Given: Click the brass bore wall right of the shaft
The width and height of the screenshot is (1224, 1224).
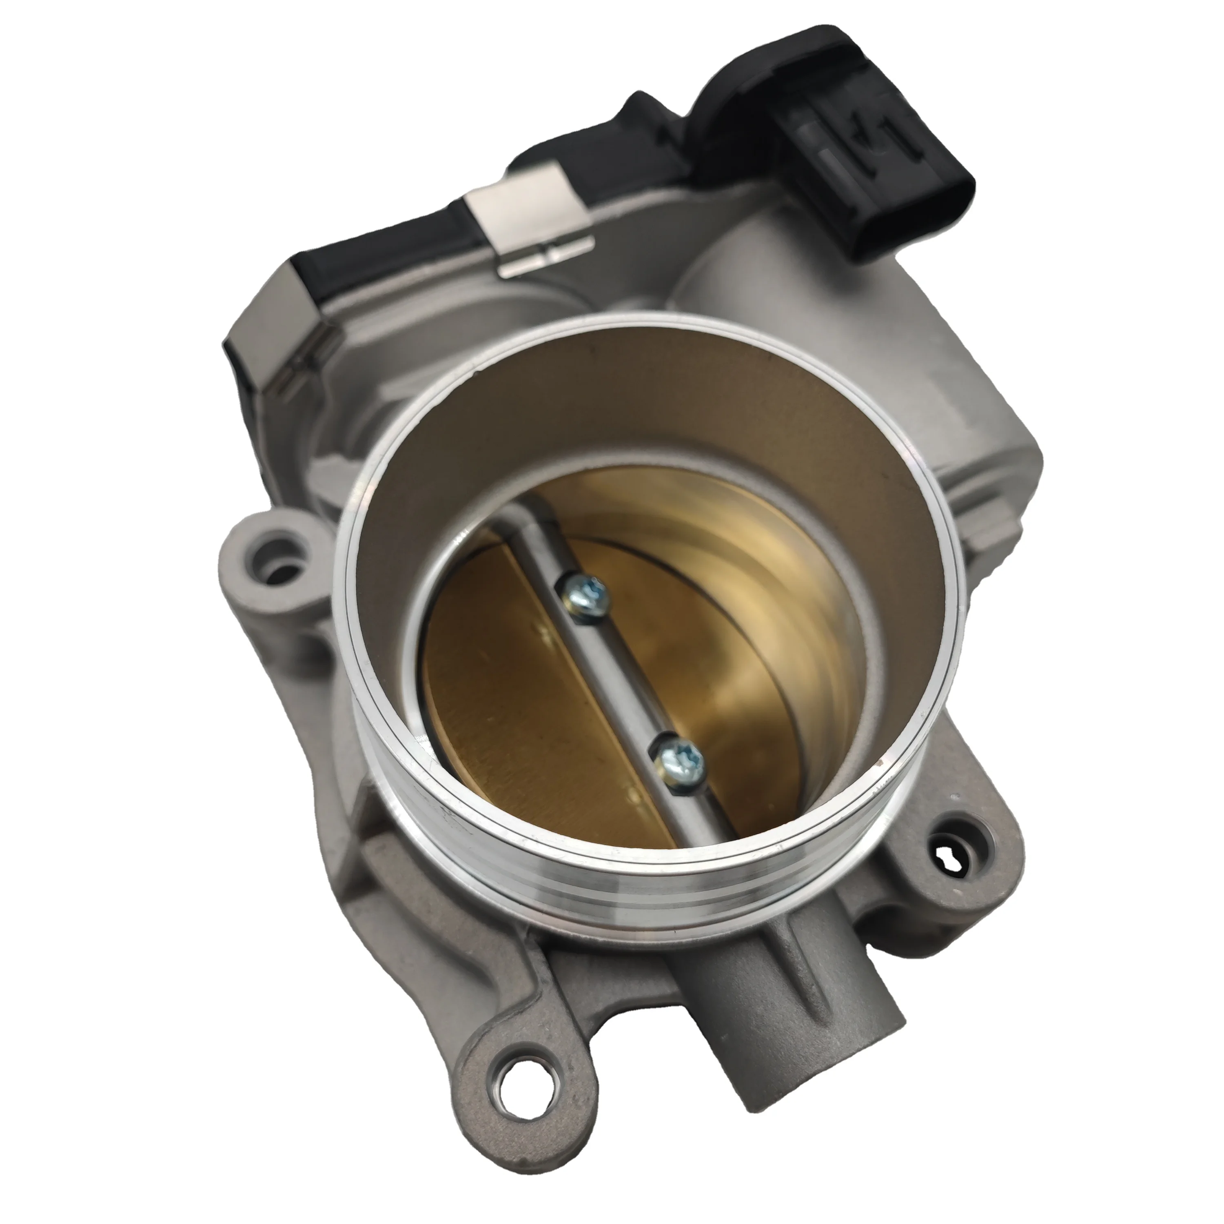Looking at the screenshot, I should pos(747,608).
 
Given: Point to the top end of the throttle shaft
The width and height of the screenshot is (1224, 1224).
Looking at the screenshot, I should pos(507,501).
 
